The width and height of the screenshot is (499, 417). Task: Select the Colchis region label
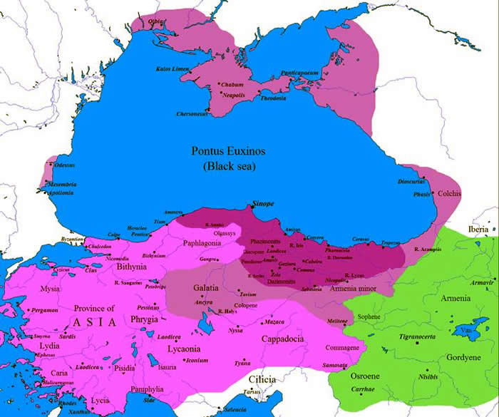pyautogui.click(x=450, y=194)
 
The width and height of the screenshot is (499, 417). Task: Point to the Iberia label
pyautogui.click(x=478, y=230)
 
